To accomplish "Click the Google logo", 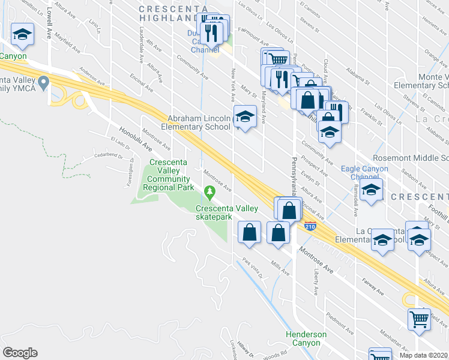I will pos(20,353).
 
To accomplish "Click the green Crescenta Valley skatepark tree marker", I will pos(209,193).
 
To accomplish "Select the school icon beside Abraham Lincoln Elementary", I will pos(245,118).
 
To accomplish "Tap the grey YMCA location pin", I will pos(43,83).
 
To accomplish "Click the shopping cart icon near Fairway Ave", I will pos(419,318).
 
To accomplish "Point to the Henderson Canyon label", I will pos(306,338).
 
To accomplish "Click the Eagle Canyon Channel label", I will pos(364,173).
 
